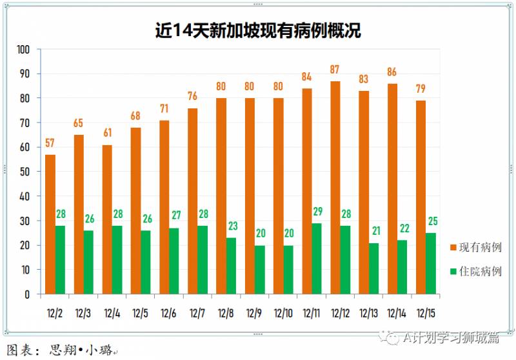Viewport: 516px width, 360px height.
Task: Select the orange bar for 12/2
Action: tap(50, 224)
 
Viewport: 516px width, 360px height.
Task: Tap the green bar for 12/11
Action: tap(317, 258)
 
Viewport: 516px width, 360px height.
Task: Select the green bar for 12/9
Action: tap(259, 269)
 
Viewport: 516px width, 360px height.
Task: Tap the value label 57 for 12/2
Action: tap(50, 143)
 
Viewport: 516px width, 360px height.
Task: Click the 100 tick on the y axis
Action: tap(24, 50)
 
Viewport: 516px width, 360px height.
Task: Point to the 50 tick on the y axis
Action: tap(26, 172)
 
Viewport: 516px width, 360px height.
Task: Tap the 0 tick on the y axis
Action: tap(28, 294)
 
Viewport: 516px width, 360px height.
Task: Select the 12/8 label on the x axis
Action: tap(226, 313)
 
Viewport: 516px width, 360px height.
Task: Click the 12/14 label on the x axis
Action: tap(396, 313)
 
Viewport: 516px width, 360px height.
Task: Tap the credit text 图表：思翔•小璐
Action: tap(61, 351)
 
